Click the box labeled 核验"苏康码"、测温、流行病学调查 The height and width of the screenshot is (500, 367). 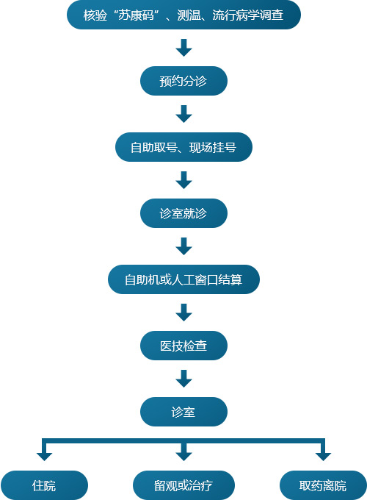click(x=183, y=15)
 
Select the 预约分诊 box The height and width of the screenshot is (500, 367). click(x=183, y=81)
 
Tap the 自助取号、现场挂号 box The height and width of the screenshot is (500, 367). click(x=183, y=147)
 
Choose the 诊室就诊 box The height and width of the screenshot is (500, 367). click(x=183, y=213)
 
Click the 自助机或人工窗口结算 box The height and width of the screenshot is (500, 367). click(x=183, y=279)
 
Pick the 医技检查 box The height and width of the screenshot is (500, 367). click(x=183, y=346)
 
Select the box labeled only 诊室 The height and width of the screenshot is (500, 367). click(x=183, y=412)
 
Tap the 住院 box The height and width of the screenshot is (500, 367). click(x=44, y=485)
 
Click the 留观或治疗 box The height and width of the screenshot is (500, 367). click(x=183, y=485)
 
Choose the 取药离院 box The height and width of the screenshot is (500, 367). click(x=323, y=485)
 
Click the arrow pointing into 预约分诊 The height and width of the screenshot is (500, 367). click(x=183, y=48)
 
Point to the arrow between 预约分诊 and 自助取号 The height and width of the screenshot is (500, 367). click(x=183, y=114)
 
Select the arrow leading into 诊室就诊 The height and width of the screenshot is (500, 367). click(x=183, y=180)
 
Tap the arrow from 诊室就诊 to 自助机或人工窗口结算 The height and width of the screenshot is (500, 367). click(x=183, y=246)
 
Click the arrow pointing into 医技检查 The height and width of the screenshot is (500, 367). click(x=183, y=312)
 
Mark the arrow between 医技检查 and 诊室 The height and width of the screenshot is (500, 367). click(x=183, y=379)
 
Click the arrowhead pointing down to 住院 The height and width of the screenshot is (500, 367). click(x=44, y=457)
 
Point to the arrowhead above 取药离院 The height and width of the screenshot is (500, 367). click(x=323, y=457)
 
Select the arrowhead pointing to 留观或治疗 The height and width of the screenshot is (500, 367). click(x=183, y=457)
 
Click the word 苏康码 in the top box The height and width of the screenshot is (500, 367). click(x=137, y=15)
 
